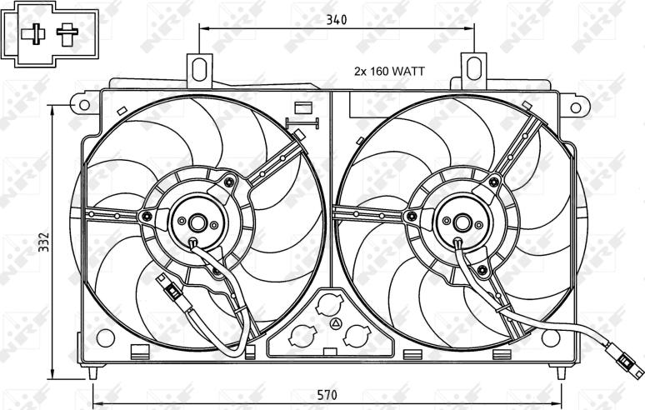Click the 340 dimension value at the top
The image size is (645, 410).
337,19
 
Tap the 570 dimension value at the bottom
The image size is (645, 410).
327,395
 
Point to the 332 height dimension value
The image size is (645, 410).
44,242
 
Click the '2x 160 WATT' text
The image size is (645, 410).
389,71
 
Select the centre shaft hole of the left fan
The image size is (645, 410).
197,222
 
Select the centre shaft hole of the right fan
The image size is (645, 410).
462,222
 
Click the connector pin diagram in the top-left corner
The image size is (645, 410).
50,34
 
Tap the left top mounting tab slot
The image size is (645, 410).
199,68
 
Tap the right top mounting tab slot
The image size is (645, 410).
474,67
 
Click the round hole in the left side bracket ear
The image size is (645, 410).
84,104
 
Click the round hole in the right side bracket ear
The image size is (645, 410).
576,107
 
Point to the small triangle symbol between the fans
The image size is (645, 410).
336,323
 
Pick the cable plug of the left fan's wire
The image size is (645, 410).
174,292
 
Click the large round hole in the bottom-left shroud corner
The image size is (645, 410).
105,338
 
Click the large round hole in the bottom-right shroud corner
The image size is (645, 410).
551,337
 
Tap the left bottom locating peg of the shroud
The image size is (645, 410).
93,372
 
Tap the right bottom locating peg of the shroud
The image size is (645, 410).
562,372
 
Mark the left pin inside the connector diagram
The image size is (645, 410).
33,34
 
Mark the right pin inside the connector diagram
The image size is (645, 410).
67,34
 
